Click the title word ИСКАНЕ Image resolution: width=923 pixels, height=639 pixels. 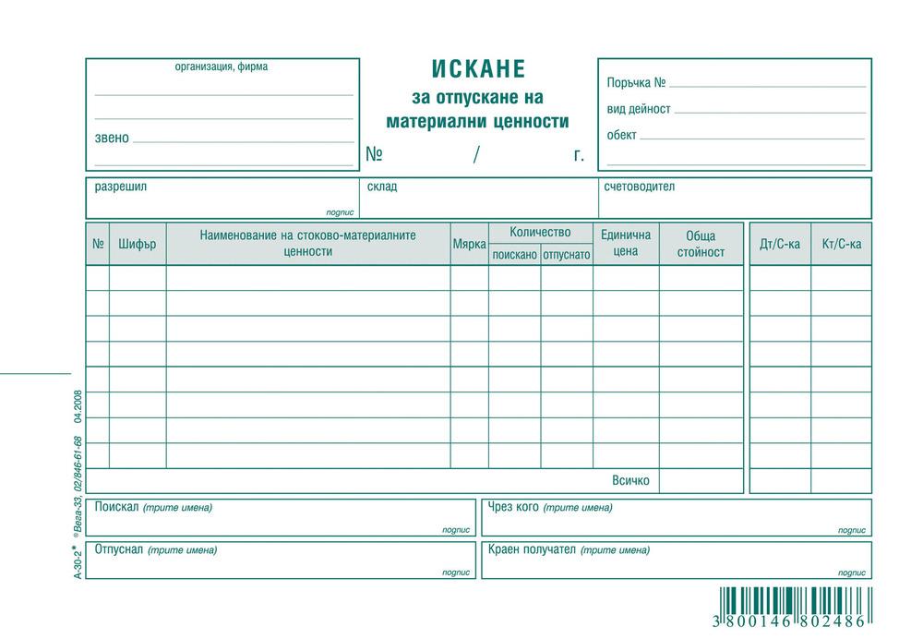477,70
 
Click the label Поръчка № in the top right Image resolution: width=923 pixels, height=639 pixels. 636,83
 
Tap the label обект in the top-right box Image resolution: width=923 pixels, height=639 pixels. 621,135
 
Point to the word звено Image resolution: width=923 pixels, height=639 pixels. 112,139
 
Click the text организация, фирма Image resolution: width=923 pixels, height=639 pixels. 222,66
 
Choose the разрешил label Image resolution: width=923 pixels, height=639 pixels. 121,187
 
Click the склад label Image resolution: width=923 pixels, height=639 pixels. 382,187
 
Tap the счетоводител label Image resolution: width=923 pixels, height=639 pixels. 639,187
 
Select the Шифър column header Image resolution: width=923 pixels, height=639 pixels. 138,245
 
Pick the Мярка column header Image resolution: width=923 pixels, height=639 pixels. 469,245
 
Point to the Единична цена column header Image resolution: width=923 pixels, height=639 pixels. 625,243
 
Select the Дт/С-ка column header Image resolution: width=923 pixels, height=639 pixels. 779,245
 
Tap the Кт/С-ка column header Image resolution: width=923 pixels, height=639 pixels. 841,245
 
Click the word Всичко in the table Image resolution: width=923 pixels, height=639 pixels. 630,481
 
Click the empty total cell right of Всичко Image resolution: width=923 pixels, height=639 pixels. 701,481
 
